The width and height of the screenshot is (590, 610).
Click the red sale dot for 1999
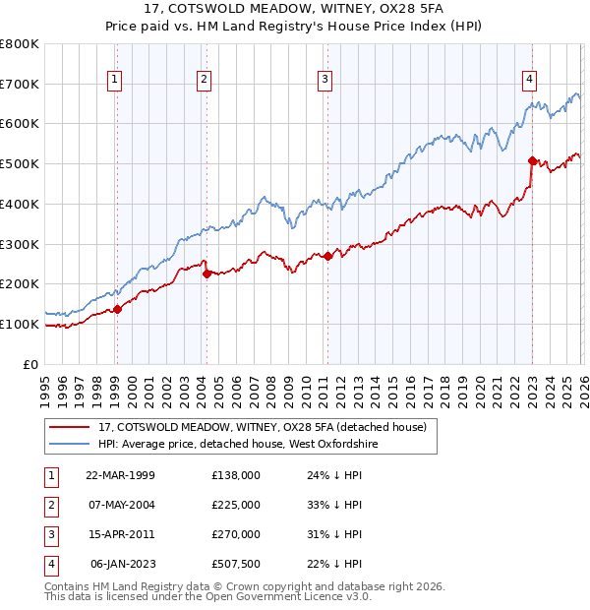point(117,309)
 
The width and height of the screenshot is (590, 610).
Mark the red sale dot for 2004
point(206,274)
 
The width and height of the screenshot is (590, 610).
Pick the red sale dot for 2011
point(326,256)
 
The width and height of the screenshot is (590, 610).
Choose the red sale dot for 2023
point(532,160)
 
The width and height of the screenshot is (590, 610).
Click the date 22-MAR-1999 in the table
point(121,474)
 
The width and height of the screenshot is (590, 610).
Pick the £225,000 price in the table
point(236,505)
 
